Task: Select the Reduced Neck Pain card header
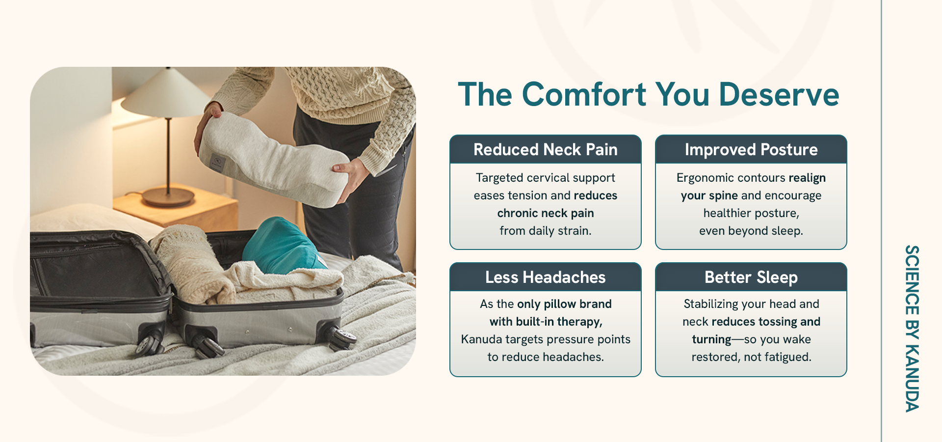pyautogui.click(x=546, y=149)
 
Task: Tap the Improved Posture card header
pyautogui.click(x=751, y=149)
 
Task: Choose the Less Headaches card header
pyautogui.click(x=546, y=277)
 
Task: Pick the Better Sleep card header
pyautogui.click(x=751, y=277)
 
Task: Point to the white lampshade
pyautogui.click(x=167, y=93)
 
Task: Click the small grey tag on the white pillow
pyautogui.click(x=216, y=162)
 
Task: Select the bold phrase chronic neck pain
pyautogui.click(x=546, y=213)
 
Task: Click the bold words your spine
pyautogui.click(x=709, y=195)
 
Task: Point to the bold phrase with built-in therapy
pyautogui.click(x=546, y=322)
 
